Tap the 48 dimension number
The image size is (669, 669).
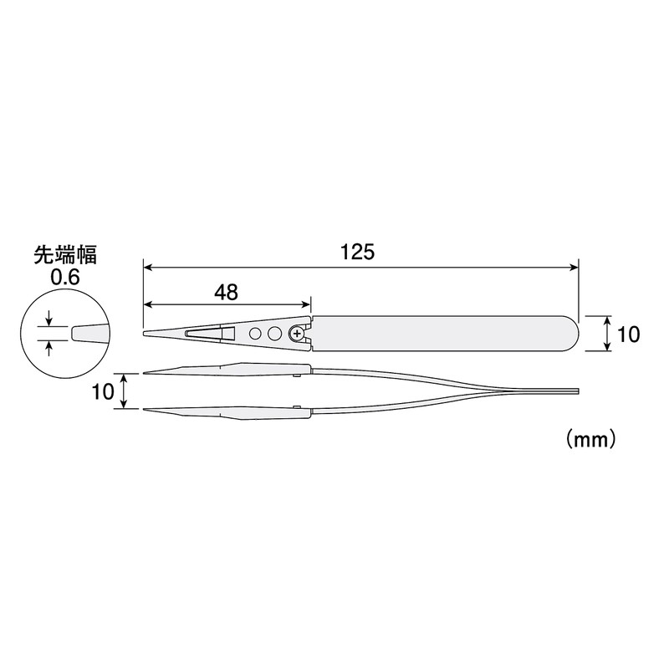(x=226, y=292)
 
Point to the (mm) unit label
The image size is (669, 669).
(x=590, y=438)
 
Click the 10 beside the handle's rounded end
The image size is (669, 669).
(x=628, y=334)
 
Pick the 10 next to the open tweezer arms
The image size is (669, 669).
(x=103, y=391)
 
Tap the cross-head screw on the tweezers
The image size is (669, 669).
(x=296, y=334)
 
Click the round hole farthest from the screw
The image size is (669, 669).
(x=255, y=334)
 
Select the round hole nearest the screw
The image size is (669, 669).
(x=274, y=334)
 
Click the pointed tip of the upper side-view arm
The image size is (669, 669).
(x=146, y=373)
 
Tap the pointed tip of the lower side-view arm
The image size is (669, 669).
(x=146, y=409)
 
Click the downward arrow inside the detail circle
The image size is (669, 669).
(x=49, y=319)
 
